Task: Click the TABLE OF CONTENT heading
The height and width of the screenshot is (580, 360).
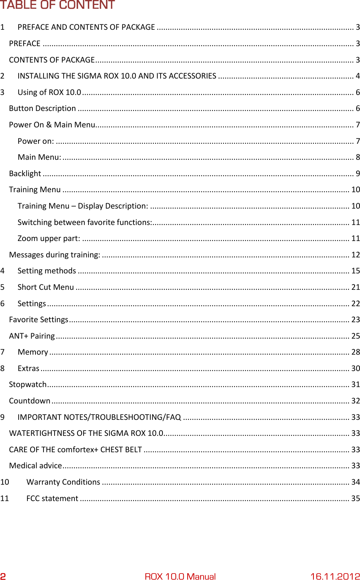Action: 57,5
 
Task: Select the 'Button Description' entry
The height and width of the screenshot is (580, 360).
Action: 42,108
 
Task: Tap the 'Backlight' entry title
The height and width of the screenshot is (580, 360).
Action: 25,174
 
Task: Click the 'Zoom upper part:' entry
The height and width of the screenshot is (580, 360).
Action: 49,238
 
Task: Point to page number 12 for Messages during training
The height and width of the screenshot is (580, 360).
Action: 355,255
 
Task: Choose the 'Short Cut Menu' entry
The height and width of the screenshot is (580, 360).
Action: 46,287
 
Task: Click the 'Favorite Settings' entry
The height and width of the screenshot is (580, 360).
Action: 39,320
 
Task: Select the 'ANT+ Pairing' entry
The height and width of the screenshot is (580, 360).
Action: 32,336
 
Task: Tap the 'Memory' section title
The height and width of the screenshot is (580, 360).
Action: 33,352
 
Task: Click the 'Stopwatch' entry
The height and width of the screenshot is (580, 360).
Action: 28,384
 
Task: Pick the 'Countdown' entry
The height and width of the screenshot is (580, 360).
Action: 30,401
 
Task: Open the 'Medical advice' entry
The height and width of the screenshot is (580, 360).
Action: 35,466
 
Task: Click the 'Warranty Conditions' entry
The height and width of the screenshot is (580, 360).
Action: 63,482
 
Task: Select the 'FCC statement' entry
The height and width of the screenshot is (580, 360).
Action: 52,498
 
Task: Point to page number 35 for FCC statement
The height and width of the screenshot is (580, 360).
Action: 355,498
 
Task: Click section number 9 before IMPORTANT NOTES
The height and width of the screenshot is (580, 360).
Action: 3,417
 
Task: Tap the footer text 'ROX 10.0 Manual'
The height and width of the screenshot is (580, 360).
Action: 180,576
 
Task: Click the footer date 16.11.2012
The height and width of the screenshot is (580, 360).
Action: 335,576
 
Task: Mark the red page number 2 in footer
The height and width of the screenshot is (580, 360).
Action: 3,576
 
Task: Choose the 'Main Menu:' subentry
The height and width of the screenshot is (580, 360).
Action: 39,157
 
